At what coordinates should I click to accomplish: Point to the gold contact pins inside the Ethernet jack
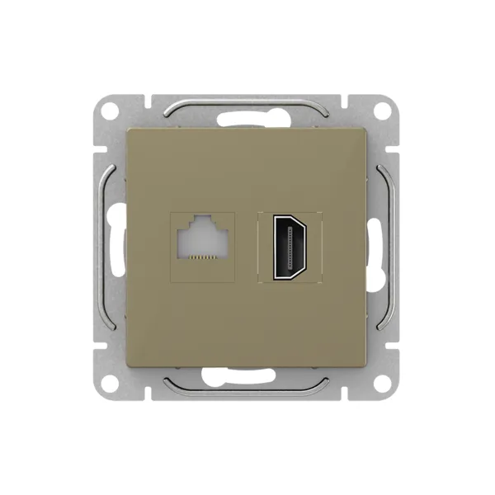202,257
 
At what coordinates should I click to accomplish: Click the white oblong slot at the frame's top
247,119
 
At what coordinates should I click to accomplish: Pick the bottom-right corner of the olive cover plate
367,365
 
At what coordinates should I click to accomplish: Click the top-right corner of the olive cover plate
367,128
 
